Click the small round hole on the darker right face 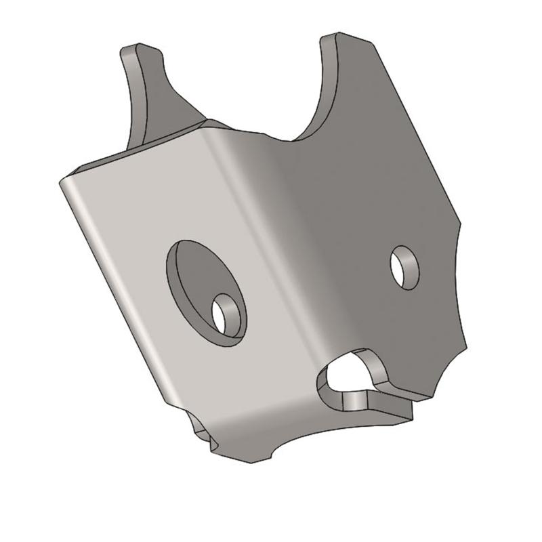click(x=404, y=267)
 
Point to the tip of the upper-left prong click(x=133, y=49)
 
